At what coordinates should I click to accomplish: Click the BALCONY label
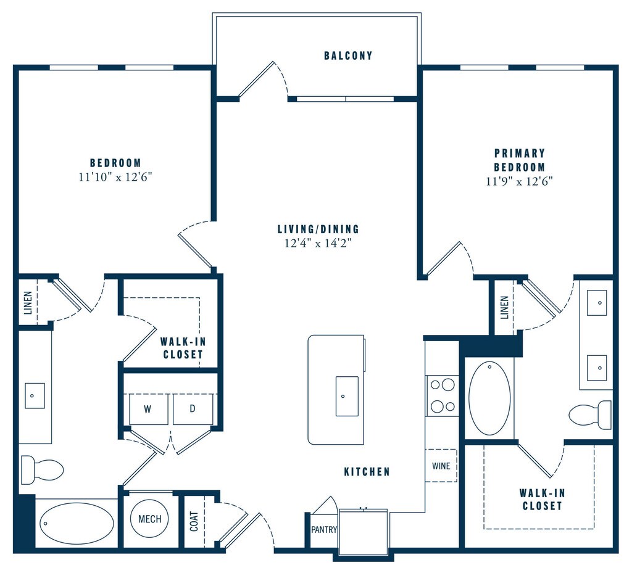click(348, 56)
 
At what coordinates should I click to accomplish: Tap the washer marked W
click(148, 409)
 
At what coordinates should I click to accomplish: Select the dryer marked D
click(193, 409)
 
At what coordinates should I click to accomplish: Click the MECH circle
click(149, 519)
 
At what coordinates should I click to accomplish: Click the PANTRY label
click(323, 529)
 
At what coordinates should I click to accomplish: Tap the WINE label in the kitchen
click(441, 466)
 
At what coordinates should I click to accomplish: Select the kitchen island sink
click(347, 396)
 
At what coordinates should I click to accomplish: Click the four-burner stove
click(442, 395)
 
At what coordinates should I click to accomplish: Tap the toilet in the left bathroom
click(41, 470)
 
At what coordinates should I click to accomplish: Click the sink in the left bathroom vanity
click(35, 395)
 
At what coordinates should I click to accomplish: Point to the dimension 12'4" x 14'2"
click(318, 242)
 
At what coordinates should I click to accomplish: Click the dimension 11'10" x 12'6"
click(116, 176)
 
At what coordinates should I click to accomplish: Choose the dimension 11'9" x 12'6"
click(519, 181)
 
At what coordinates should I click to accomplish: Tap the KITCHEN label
click(367, 472)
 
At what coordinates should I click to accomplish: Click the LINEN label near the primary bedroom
click(504, 307)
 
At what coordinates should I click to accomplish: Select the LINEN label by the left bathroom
click(27, 302)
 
